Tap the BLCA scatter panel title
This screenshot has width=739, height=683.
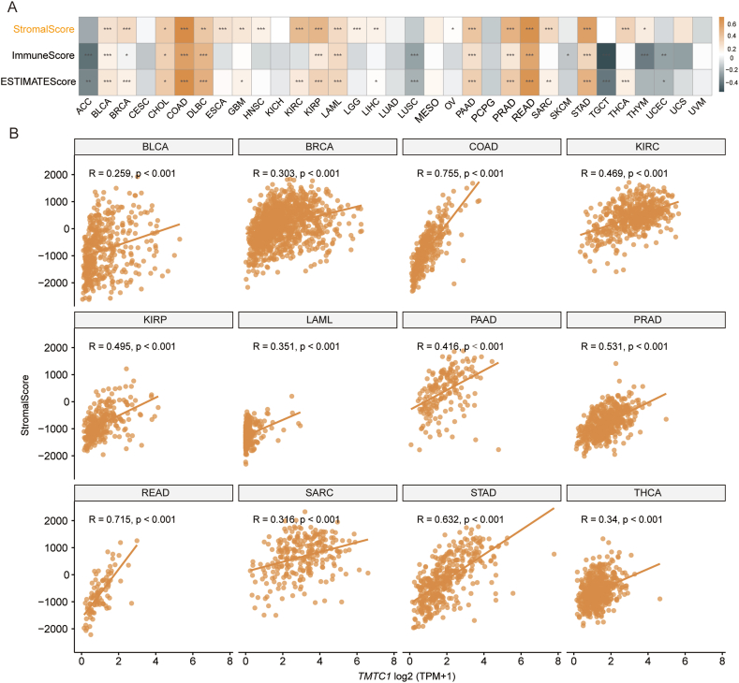click(x=154, y=146)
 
